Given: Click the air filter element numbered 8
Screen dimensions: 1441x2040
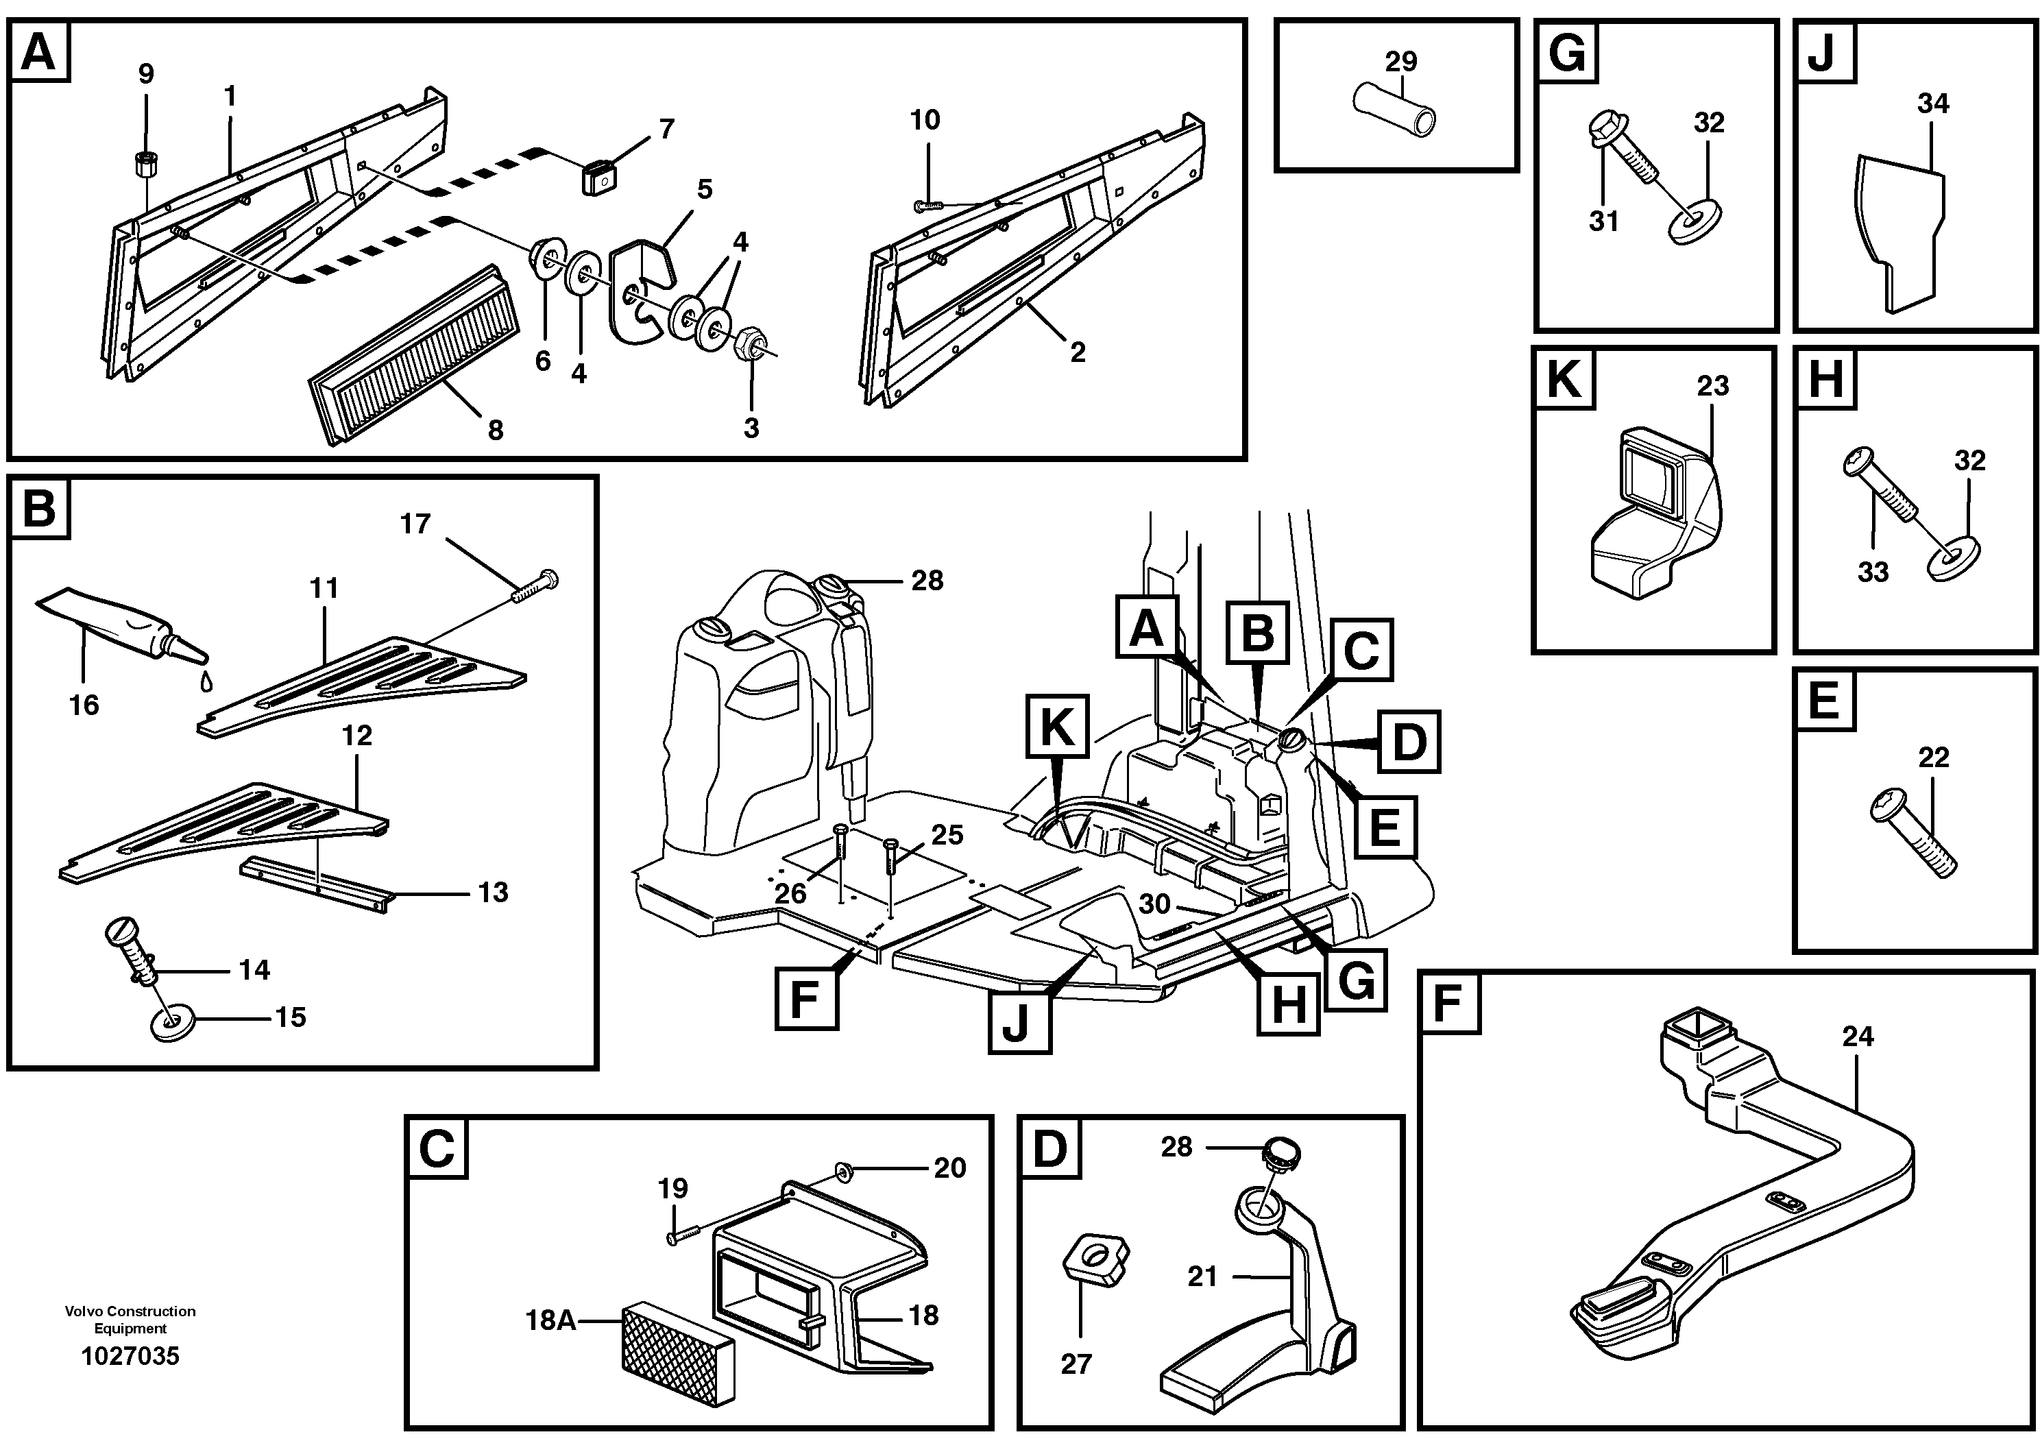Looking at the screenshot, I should [x=413, y=354].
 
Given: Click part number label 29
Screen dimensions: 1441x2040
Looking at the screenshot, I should [x=1400, y=62].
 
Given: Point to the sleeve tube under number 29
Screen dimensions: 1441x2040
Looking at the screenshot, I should [x=1394, y=109].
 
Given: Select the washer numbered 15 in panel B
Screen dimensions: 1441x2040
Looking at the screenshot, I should [x=171, y=1026].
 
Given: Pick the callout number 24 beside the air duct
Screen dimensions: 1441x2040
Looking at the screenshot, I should [x=1858, y=1036].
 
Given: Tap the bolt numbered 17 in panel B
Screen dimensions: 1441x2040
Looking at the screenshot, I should [x=536, y=588].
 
